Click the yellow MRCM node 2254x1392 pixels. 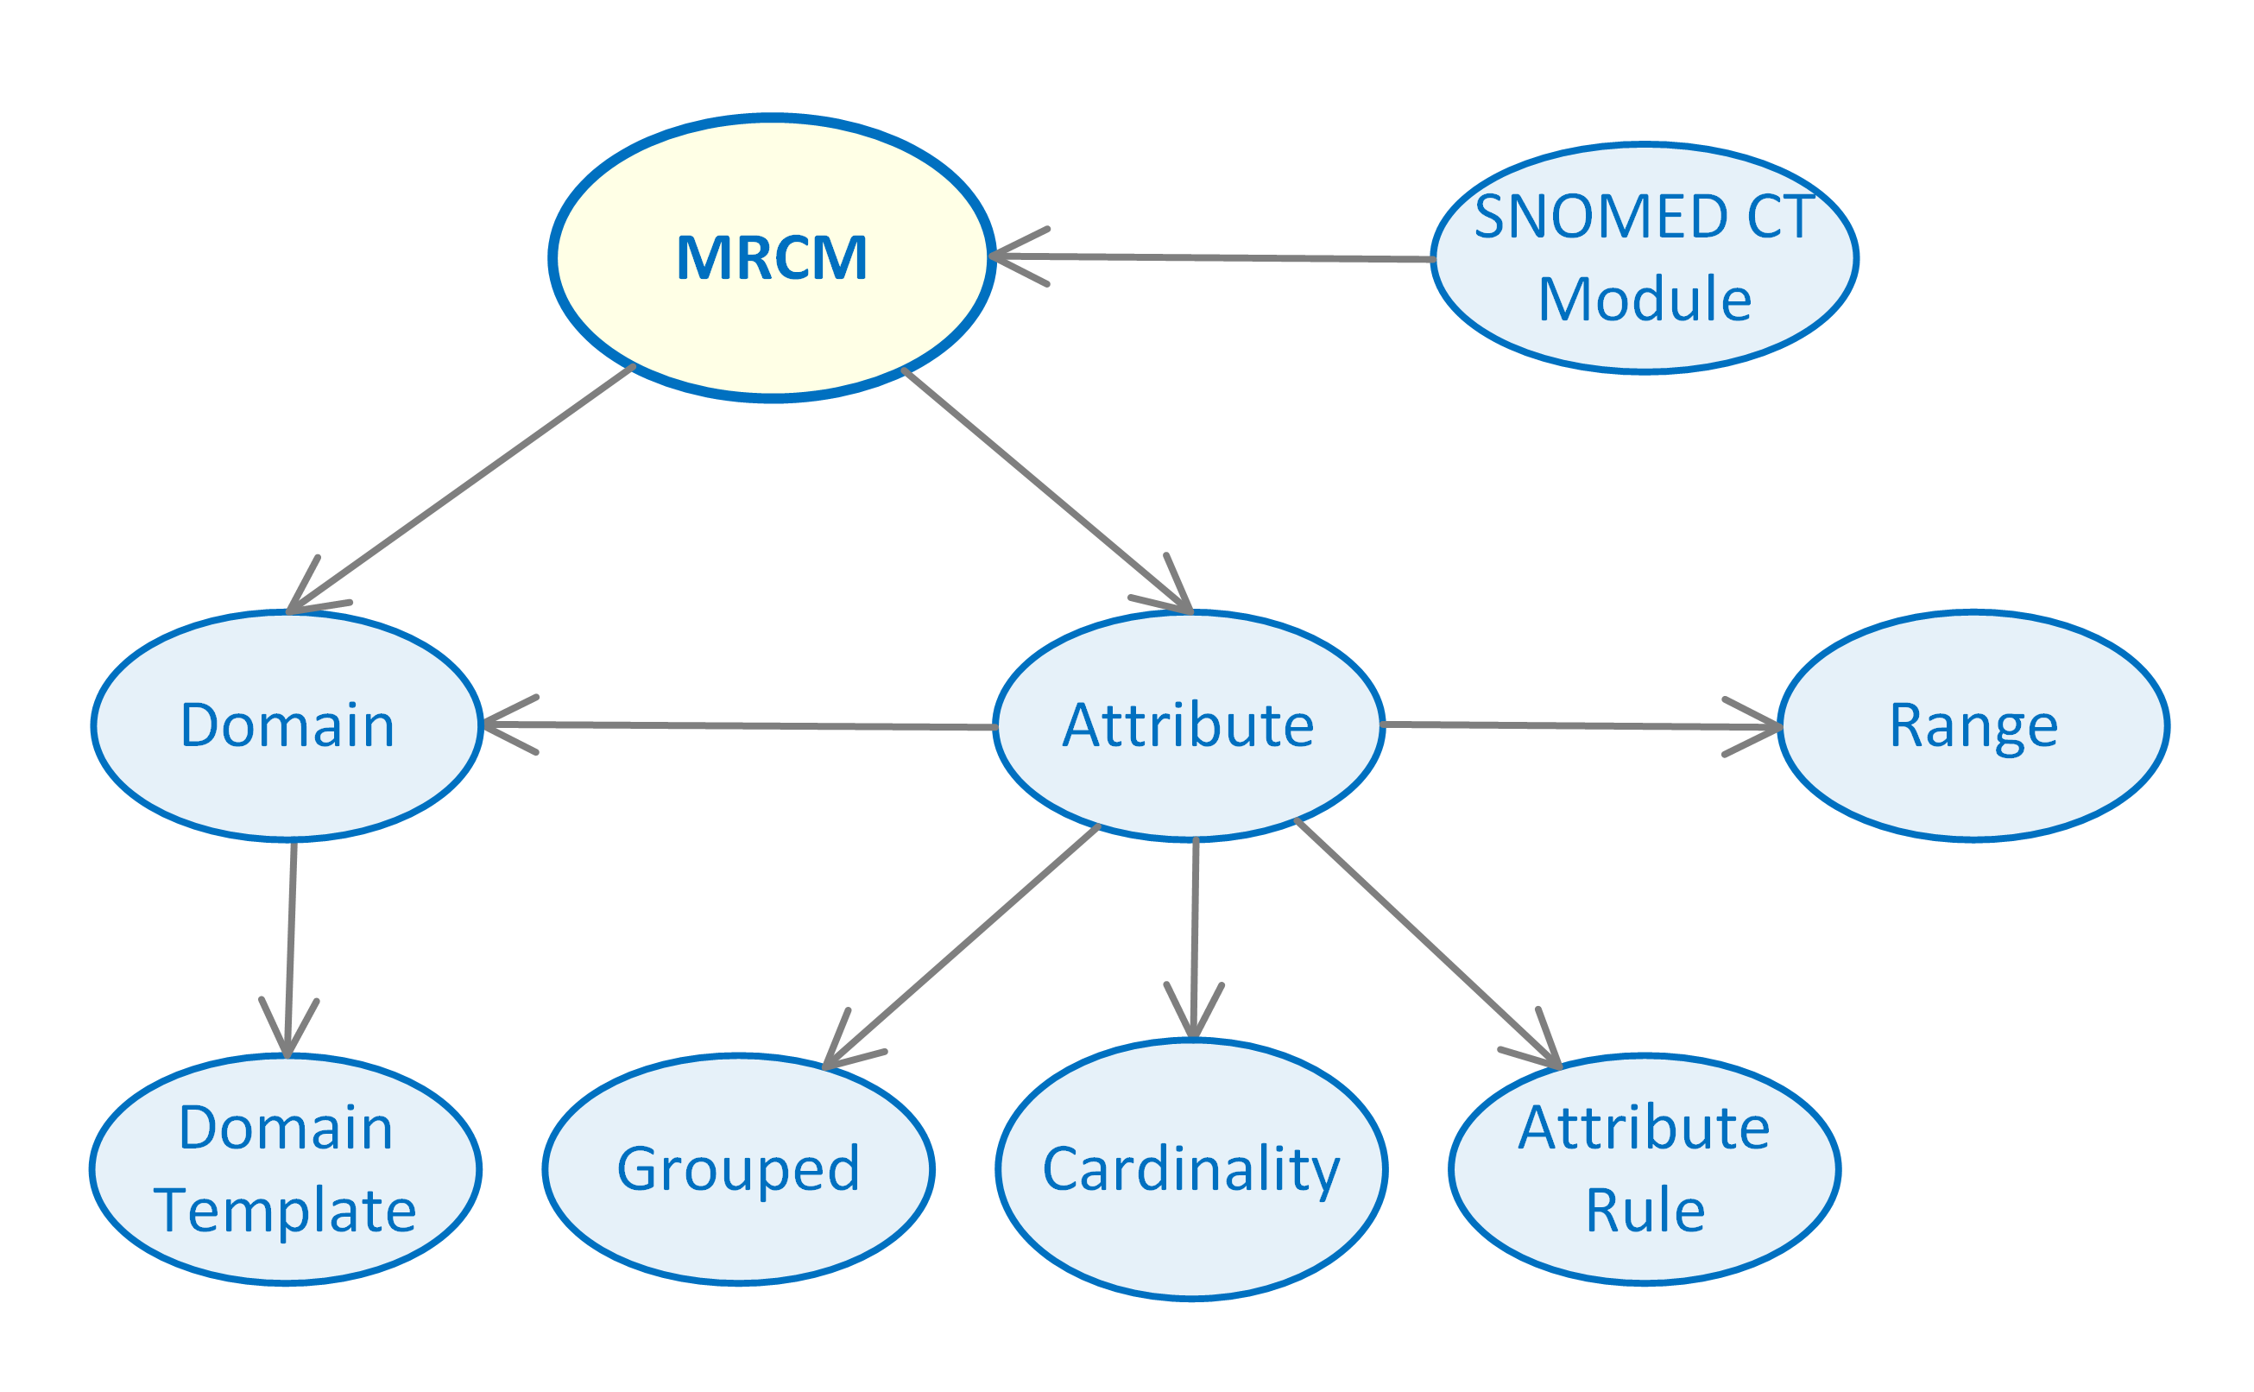tap(771, 258)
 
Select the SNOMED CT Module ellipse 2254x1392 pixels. tap(1645, 259)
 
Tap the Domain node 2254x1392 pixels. tap(287, 725)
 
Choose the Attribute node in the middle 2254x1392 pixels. tap(1188, 725)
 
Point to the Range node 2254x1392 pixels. tap(1973, 725)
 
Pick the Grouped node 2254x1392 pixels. tap(738, 1169)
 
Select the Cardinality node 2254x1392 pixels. tap(1191, 1169)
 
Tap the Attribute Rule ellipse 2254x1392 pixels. tap(1645, 1169)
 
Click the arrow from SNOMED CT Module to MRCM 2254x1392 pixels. tap(1215, 258)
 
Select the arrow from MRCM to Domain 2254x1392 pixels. tap(460, 489)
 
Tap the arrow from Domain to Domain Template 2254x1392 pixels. tap(291, 948)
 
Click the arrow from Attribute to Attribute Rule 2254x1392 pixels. tap(1427, 943)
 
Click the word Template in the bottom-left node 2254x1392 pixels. tap(286, 1210)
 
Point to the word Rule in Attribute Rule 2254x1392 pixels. tap(1645, 1210)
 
